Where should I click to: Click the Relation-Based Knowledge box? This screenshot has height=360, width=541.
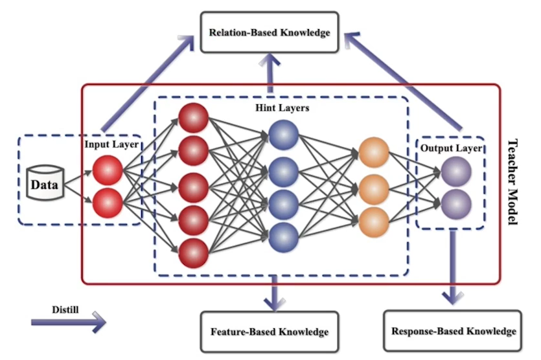270,32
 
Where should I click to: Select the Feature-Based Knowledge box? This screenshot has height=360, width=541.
270,332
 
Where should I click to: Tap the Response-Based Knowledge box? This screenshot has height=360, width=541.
453,331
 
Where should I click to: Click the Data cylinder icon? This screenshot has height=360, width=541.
45,183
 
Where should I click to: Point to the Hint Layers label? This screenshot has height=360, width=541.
282,108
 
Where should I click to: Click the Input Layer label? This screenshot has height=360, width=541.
111,144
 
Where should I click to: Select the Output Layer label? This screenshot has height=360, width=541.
451,148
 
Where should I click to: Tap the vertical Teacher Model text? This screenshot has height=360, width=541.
513,182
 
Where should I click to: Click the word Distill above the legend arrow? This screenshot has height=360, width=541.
65,309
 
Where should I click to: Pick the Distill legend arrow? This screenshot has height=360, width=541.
68,322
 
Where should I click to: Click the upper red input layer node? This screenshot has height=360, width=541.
108,170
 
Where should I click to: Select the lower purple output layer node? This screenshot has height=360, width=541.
456,204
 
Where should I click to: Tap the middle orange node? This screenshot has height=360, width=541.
374,189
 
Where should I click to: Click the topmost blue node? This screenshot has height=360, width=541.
284,135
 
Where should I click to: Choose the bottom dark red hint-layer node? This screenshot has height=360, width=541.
194,253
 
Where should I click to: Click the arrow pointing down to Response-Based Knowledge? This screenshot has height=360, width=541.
453,267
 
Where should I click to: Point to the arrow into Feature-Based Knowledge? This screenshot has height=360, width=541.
275,293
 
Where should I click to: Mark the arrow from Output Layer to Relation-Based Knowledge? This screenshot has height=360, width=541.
403,81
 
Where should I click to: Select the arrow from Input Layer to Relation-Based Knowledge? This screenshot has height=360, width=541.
148,83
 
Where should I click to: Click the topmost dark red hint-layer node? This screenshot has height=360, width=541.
194,118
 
